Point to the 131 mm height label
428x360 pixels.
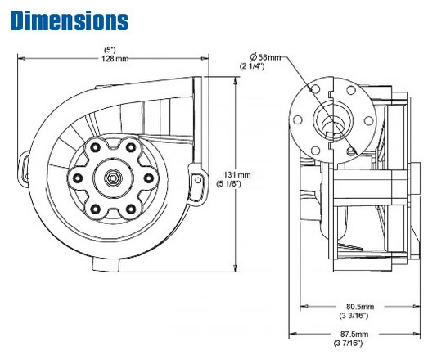pos(237,174)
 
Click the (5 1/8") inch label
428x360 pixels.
pos(237,185)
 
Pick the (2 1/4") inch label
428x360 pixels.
pos(252,65)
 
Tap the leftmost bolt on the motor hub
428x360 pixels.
pos(77,177)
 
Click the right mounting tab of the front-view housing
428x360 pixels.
pos(196,178)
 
